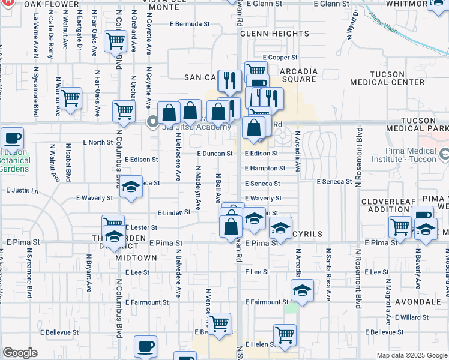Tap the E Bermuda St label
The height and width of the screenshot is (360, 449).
190,25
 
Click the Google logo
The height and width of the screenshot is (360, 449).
20,353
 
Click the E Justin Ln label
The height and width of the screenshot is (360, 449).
22,191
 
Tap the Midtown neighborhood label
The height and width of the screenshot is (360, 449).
136,257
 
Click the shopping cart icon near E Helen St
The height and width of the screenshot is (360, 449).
284,335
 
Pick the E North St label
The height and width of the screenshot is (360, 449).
97,142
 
